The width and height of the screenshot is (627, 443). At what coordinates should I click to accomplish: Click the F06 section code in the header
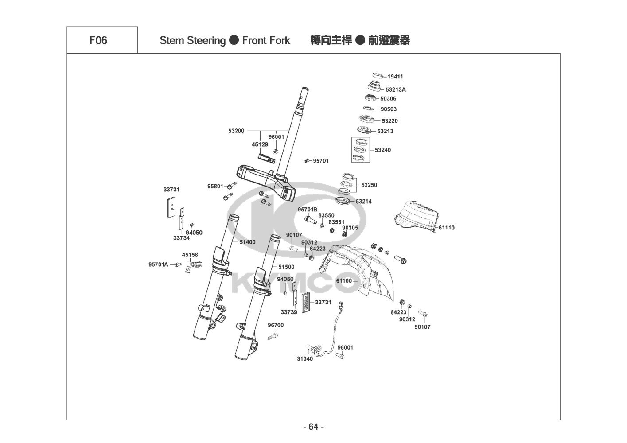coord(98,40)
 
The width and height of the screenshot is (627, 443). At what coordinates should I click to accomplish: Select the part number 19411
coord(395,77)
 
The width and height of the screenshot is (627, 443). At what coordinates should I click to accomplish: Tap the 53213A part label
coord(395,89)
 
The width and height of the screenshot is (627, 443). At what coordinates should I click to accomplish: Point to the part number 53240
coord(383,150)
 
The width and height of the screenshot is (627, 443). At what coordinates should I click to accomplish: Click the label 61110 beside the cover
coord(447,228)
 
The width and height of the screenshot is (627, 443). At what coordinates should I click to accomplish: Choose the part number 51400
coord(247,242)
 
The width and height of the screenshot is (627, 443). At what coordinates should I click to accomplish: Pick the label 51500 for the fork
coord(286,267)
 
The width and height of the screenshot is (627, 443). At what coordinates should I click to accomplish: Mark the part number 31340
coord(305,359)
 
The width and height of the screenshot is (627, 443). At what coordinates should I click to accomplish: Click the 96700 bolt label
coord(276,325)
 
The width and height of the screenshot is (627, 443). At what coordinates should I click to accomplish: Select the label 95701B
coord(308,210)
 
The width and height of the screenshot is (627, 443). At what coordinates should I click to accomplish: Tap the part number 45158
coord(190,255)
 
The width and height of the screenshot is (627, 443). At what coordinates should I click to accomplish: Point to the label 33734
coord(181,238)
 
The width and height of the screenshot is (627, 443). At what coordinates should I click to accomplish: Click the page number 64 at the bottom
coord(313,427)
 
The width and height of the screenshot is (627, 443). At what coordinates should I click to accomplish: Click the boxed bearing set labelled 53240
coord(360,150)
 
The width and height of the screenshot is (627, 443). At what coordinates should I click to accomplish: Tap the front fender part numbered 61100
coord(363,270)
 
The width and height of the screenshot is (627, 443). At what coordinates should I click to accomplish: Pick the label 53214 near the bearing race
coord(364,202)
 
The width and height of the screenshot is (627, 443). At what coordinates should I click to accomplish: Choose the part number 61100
coord(344,280)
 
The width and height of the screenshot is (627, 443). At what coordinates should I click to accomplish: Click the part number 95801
coord(215,187)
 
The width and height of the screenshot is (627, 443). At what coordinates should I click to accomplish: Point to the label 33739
coord(289,312)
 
